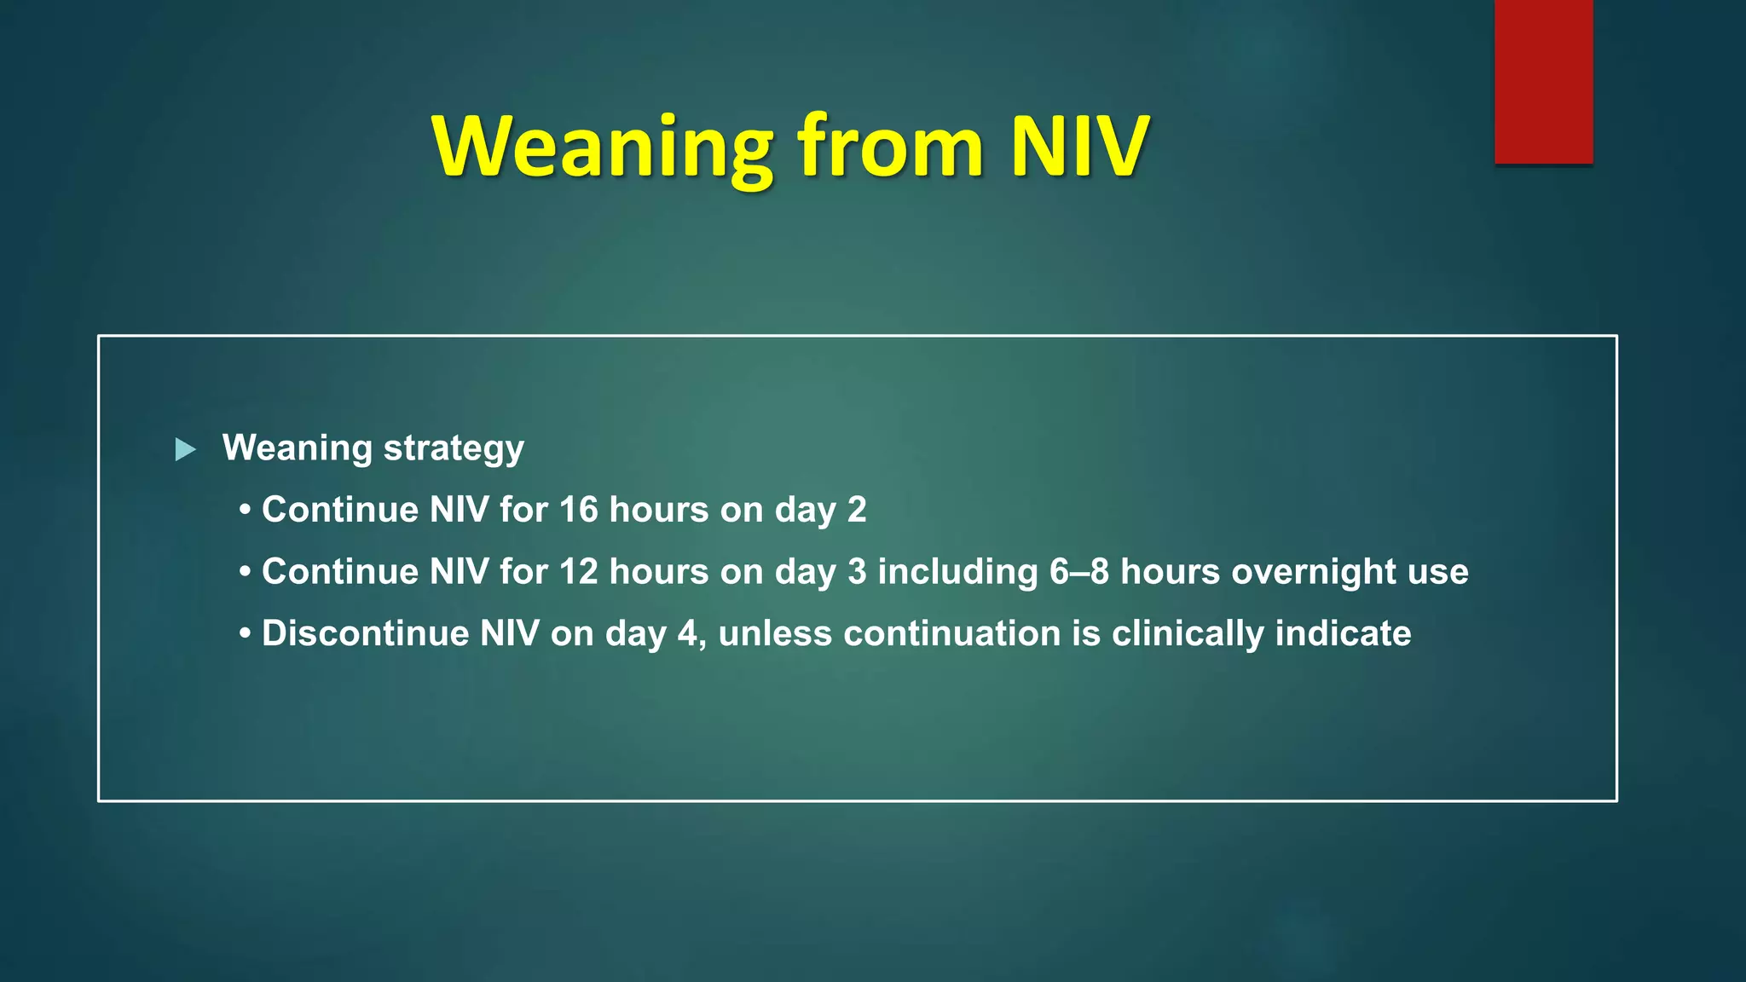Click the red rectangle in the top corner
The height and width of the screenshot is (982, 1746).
coord(1543,81)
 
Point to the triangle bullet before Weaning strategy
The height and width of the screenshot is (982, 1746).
coord(185,449)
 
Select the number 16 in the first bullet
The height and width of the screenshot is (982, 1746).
coord(579,510)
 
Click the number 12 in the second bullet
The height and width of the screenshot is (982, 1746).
coord(579,572)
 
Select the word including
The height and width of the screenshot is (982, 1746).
coord(957,572)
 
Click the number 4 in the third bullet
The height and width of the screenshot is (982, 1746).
coord(687,633)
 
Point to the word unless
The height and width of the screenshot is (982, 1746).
coord(775,633)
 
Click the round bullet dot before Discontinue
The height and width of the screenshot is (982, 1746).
coord(246,634)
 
